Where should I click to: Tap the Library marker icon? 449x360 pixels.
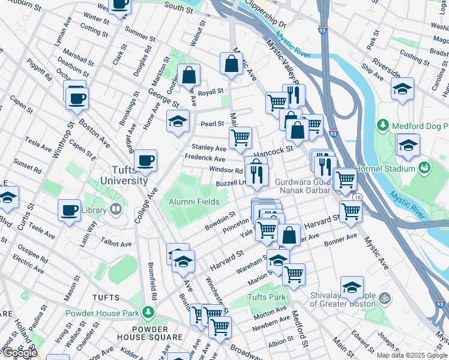116,210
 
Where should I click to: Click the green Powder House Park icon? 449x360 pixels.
148,313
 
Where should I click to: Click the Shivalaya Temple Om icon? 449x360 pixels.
385,298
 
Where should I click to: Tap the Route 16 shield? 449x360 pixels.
358,197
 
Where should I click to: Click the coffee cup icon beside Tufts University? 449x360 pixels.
145,161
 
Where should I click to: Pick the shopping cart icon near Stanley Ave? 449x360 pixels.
240,137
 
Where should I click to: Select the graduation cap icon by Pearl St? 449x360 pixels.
178,121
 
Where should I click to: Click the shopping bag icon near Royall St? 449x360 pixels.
188,75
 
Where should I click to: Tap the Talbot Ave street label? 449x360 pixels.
116,244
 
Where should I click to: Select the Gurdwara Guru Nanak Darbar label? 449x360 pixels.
303,186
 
